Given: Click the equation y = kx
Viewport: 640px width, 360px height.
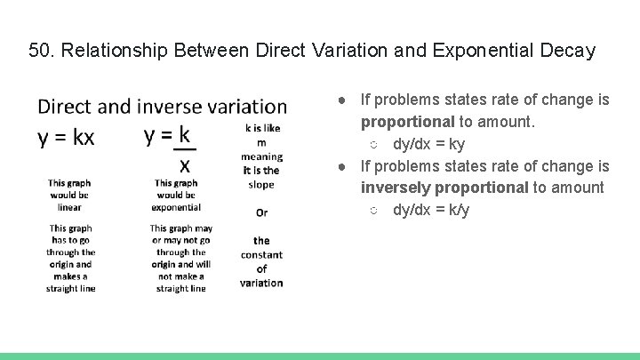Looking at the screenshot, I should click(66, 137).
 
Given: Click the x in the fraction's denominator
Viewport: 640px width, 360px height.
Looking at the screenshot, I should click(185, 165).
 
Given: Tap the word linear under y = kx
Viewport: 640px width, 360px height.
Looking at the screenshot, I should click(69, 207).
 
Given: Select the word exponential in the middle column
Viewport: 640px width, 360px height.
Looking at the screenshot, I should click(176, 207).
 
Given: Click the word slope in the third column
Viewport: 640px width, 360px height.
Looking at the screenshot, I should click(261, 184).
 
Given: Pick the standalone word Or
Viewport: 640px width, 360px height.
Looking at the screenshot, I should click(261, 212).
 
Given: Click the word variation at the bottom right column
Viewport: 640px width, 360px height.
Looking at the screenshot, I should click(261, 283).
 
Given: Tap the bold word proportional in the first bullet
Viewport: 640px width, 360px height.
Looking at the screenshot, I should click(407, 122).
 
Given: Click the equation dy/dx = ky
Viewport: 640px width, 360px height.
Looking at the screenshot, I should click(428, 144).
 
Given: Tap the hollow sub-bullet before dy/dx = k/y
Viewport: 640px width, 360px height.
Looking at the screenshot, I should click(374, 210).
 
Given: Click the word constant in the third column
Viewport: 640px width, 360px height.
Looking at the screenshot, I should click(261, 254).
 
